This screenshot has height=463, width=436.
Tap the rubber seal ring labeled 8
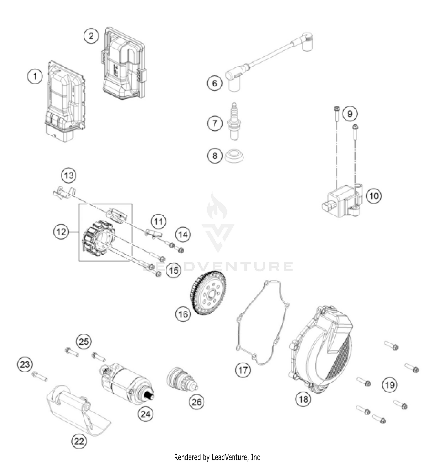click(x=234, y=156)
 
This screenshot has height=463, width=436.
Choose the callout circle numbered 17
click(x=243, y=370)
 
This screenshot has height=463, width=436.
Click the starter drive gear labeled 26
click(x=182, y=380)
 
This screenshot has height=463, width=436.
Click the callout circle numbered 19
click(x=389, y=385)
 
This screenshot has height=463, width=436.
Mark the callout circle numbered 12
click(x=61, y=232)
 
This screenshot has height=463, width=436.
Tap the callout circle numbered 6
click(x=215, y=83)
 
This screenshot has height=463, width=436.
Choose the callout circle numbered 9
click(x=350, y=113)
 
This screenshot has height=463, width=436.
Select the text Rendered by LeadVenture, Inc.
click(x=218, y=457)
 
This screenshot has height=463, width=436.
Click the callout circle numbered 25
click(x=84, y=341)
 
